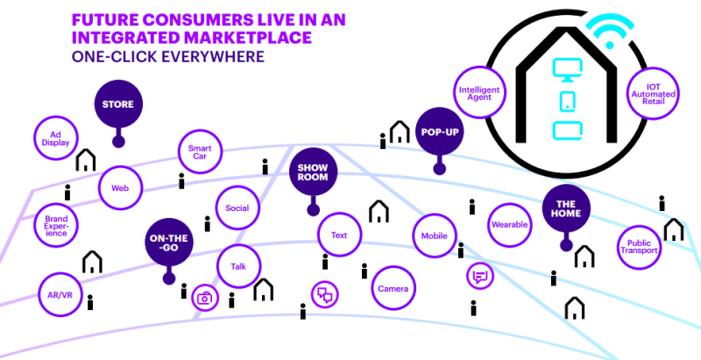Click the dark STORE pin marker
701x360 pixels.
click(x=118, y=105)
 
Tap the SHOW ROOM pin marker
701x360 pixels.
click(x=313, y=172)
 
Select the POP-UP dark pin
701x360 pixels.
click(x=439, y=132)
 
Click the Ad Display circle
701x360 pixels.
click(x=55, y=138)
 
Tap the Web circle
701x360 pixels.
click(x=120, y=187)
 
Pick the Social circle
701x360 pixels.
click(x=237, y=208)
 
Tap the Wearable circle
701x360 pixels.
click(x=509, y=225)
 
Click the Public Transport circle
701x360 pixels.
click(x=639, y=244)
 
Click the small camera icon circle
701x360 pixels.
click(x=205, y=298)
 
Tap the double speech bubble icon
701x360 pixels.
click(x=325, y=294)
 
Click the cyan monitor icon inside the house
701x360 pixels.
click(x=565, y=69)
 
